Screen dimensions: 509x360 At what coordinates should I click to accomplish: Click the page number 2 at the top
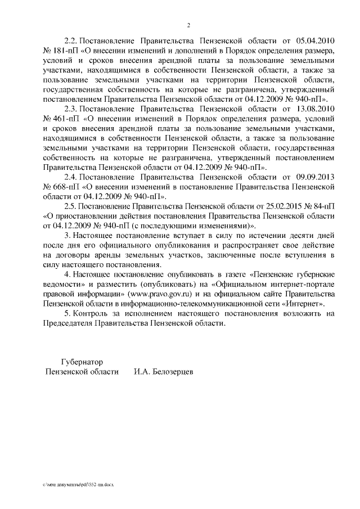[189, 25]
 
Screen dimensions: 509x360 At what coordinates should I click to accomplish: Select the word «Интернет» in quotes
[302, 304]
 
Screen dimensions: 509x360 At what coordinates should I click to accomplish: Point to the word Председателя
[69, 323]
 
